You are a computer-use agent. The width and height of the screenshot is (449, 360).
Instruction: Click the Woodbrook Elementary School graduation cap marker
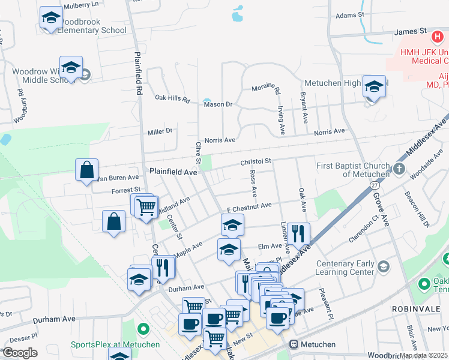coord(52,17)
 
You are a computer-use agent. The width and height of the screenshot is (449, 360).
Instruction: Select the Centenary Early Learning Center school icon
coord(382,265)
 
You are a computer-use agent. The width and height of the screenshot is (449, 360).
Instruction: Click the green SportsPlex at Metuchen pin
coord(143,329)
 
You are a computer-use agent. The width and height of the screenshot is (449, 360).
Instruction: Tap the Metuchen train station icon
coord(294,344)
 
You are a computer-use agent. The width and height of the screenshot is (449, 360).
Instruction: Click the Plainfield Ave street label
coord(173,172)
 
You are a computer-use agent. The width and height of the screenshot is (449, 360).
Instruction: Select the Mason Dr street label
coord(218,104)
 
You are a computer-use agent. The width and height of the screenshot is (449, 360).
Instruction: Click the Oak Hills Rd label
coord(172,98)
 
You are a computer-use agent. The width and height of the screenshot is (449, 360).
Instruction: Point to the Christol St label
coord(256,161)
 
